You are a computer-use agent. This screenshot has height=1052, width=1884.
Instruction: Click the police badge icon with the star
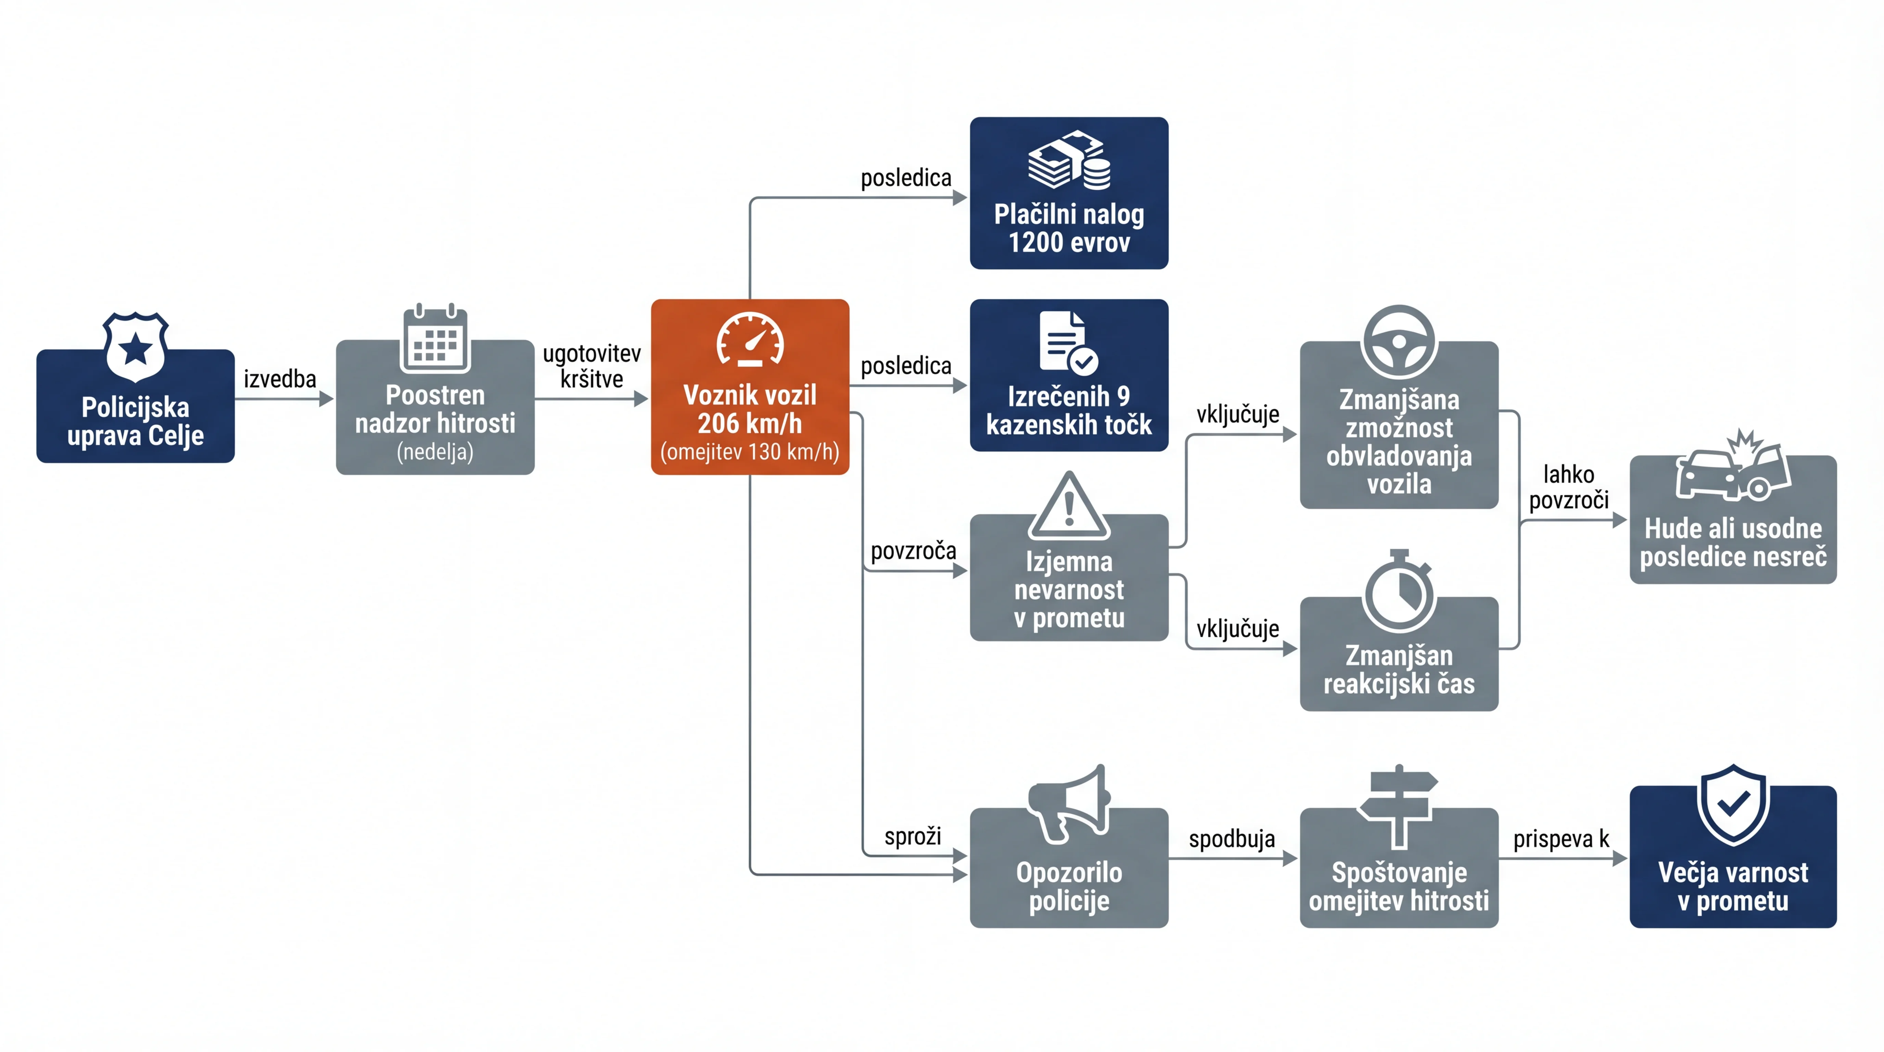pyautogui.click(x=135, y=348)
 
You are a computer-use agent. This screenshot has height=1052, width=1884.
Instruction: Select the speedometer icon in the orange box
pyautogui.click(x=750, y=339)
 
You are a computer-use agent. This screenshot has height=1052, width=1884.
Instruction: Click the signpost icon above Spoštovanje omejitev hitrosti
pyautogui.click(x=1398, y=806)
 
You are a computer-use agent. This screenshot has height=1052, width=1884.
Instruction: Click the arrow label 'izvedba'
pyautogui.click(x=280, y=379)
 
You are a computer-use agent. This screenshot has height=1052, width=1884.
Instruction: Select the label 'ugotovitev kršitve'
pyautogui.click(x=592, y=366)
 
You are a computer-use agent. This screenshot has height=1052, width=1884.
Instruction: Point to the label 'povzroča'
pyautogui.click(x=914, y=551)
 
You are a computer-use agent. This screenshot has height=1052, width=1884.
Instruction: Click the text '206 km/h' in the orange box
pyautogui.click(x=750, y=424)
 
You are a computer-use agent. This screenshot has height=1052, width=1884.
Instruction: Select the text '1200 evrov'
pyautogui.click(x=1069, y=242)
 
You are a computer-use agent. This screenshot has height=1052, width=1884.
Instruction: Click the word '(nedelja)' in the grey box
pyautogui.click(x=435, y=451)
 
